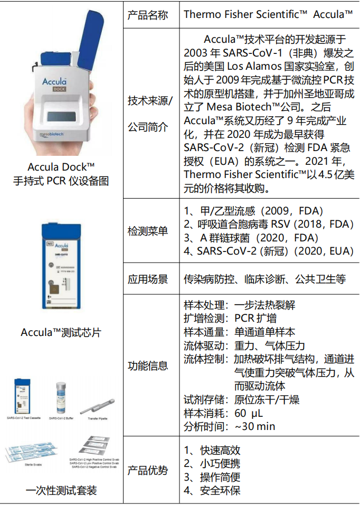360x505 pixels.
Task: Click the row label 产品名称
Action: pos(148,15)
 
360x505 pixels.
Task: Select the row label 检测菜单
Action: pos(148,231)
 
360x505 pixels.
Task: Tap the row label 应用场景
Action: pos(148,279)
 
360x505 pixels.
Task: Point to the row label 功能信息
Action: pos(148,365)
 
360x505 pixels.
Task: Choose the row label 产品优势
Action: pos(148,470)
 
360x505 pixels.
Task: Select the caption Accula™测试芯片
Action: pos(61,332)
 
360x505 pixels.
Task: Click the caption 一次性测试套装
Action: pos(61,491)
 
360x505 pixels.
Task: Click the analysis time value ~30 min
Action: pos(254,426)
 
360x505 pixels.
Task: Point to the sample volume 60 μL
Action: pos(248,413)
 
